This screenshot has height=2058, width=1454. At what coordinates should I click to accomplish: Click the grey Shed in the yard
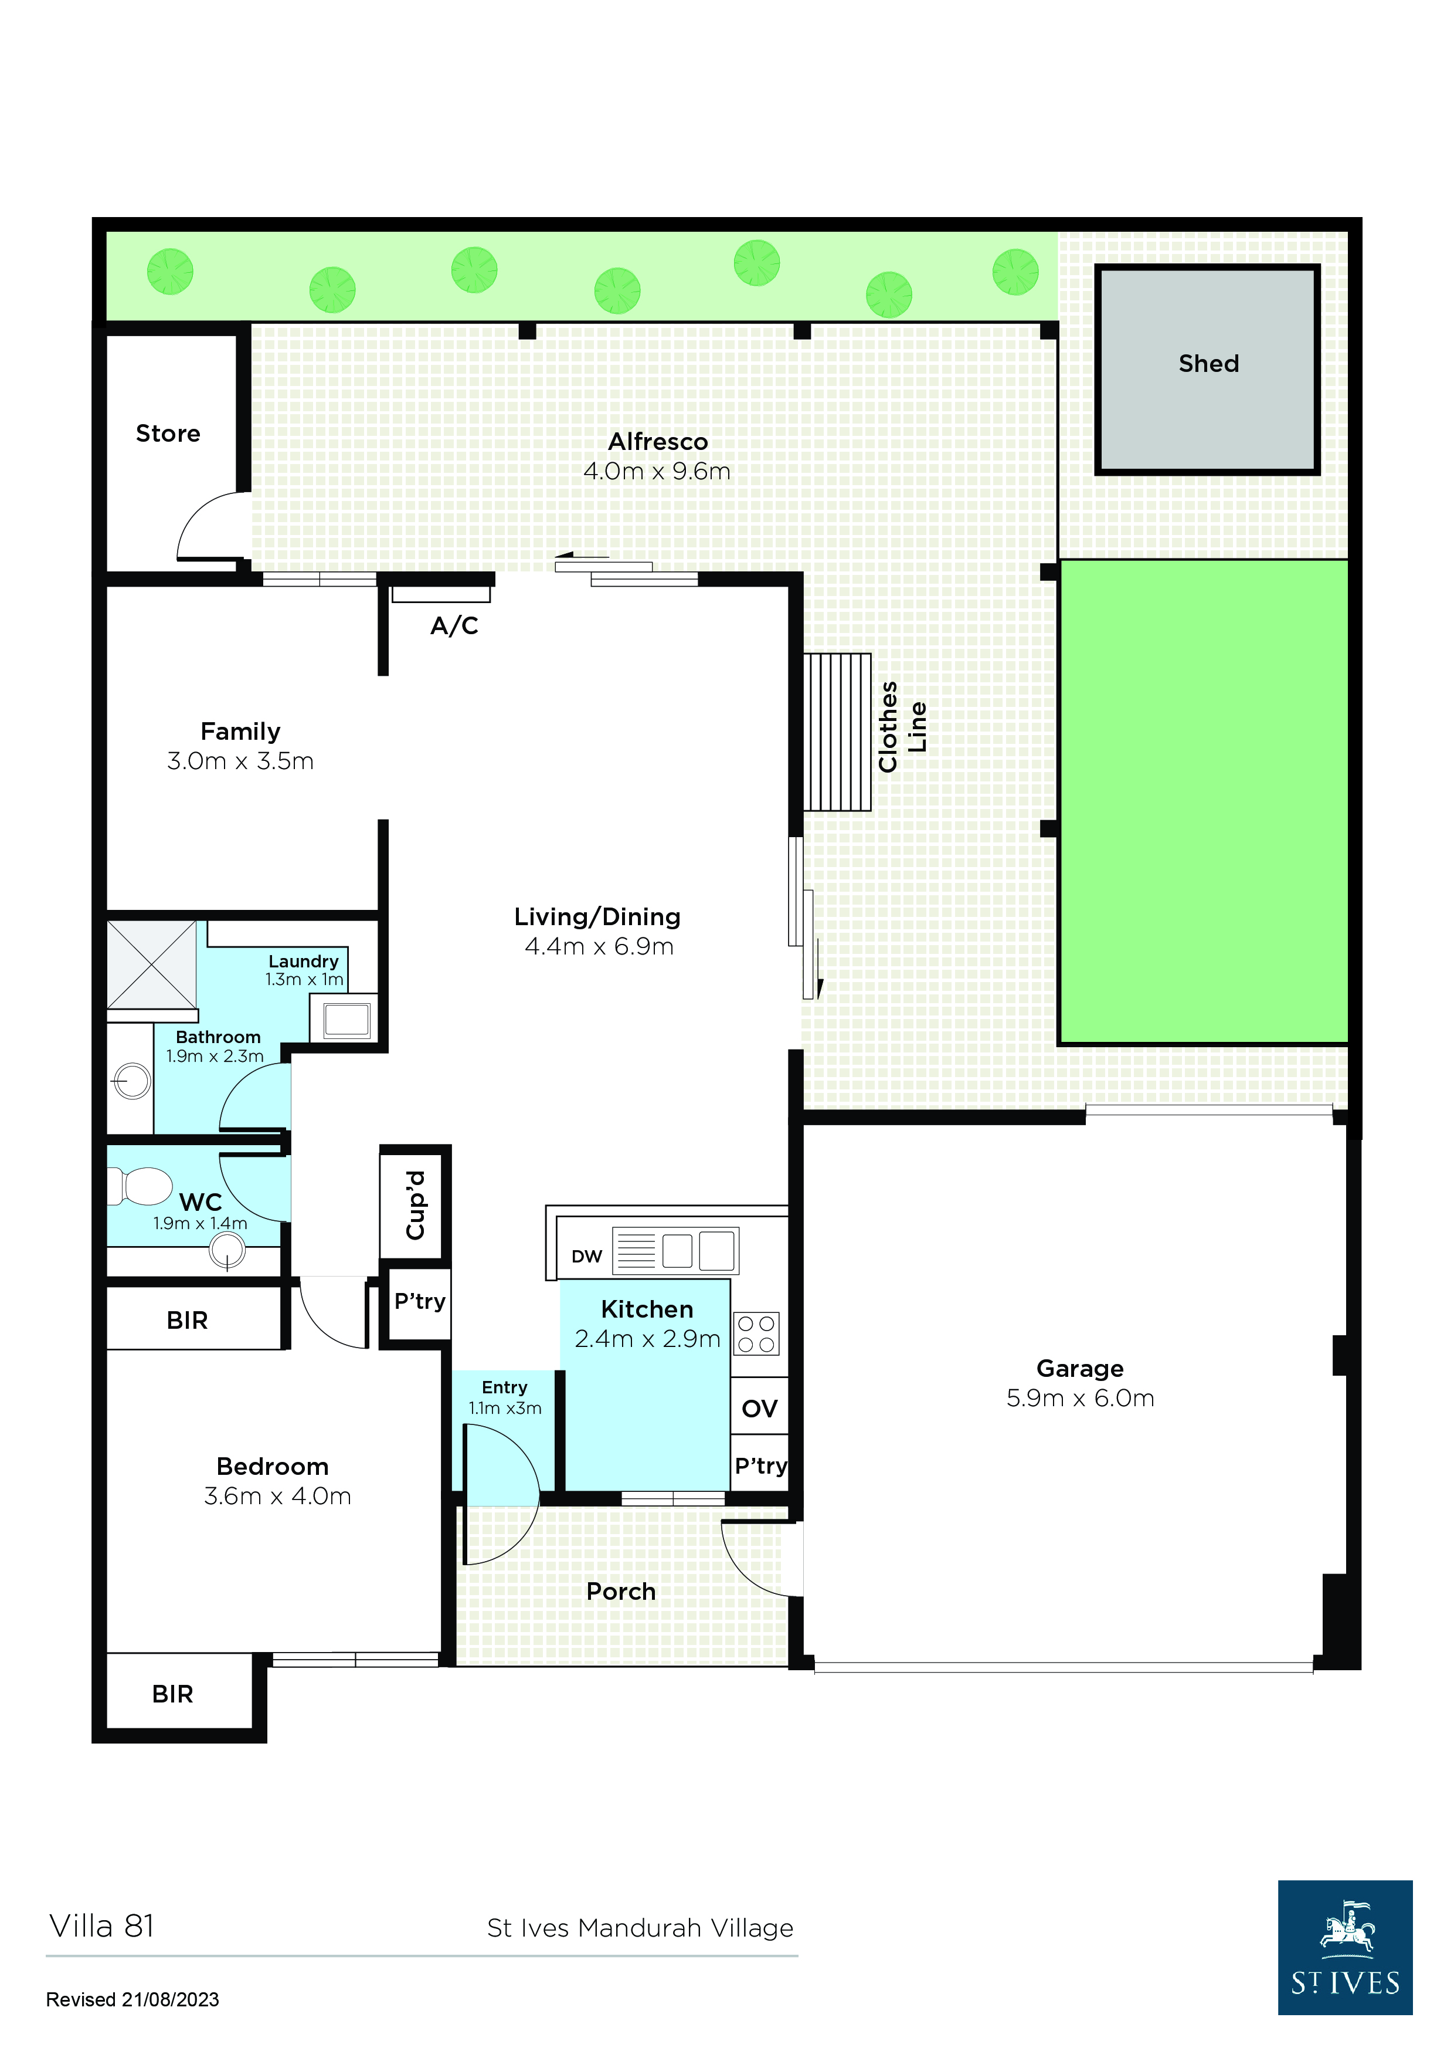(1208, 369)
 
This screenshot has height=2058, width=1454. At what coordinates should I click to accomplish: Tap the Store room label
(168, 434)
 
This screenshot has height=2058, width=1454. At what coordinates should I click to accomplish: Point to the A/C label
(454, 625)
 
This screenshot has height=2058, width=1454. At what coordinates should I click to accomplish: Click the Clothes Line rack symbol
(837, 732)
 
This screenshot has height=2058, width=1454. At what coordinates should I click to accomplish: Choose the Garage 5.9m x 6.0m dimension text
(1081, 1398)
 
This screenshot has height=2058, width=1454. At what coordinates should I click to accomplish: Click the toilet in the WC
(141, 1186)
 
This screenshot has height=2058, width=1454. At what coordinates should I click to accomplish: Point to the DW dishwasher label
(587, 1257)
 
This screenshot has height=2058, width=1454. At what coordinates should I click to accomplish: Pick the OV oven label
(760, 1409)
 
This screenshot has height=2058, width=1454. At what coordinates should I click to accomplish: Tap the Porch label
(621, 1592)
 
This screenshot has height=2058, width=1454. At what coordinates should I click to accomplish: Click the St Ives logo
(1345, 1948)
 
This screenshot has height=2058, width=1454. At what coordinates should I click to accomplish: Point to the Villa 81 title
(101, 1925)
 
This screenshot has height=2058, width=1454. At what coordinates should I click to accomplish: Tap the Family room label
(240, 732)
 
